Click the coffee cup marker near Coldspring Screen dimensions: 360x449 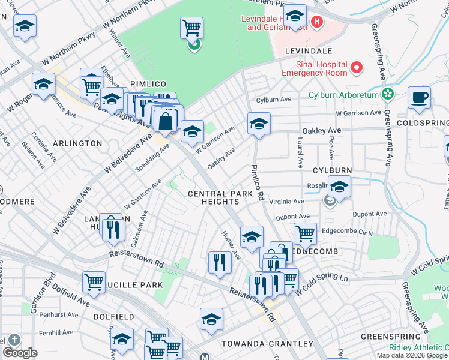point(419,97)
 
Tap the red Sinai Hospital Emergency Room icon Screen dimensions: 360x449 point(357,68)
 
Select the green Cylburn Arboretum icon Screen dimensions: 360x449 point(387,94)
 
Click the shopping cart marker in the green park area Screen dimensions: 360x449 point(191,28)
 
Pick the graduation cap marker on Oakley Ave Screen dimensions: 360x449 point(259,124)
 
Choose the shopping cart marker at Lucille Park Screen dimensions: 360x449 point(94,282)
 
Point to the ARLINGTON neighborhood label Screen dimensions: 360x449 point(77,143)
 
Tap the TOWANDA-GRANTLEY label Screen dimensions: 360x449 point(267,344)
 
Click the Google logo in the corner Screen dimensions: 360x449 point(20,353)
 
